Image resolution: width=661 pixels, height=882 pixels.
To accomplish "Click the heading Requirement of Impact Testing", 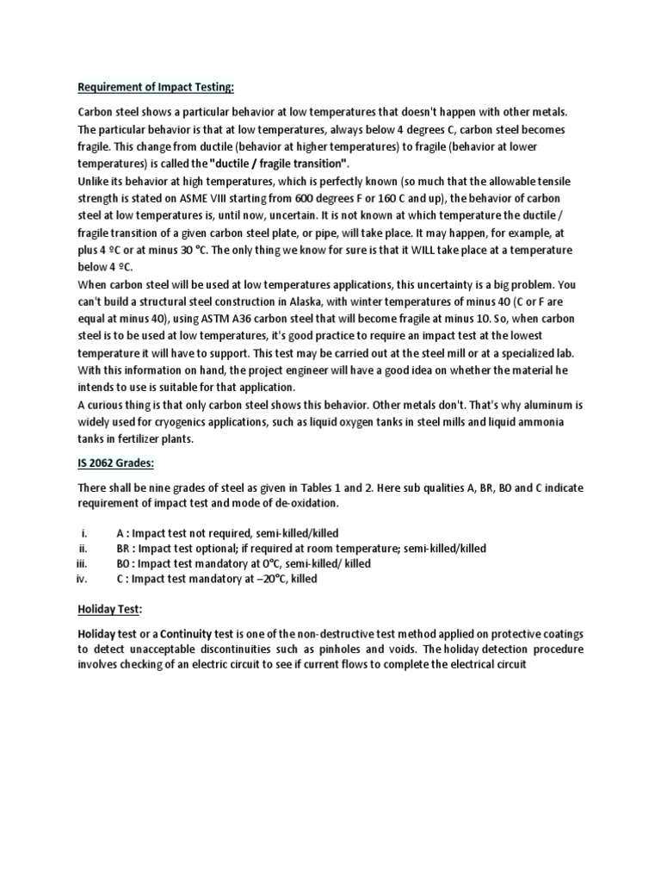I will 156,86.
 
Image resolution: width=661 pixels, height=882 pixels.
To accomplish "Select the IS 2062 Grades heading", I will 116,464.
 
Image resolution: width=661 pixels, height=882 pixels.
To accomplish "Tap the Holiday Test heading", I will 108,608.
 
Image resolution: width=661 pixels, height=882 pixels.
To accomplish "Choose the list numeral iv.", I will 84,580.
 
